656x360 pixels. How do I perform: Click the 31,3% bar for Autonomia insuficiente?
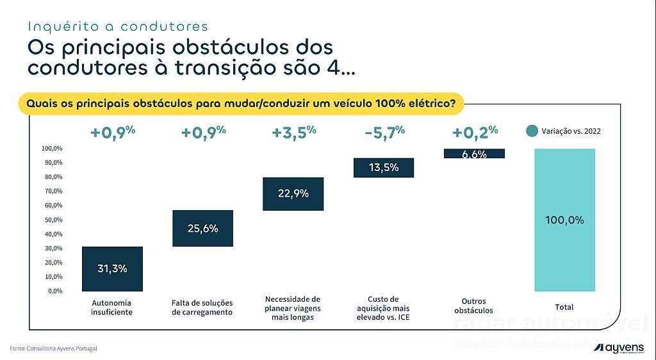point(112,268)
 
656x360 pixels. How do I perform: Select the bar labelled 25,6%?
point(202,228)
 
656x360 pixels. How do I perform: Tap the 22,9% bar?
point(293,193)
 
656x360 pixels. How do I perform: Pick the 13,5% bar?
point(384,167)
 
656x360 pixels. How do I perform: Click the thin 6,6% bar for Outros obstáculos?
point(474,154)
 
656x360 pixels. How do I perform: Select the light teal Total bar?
point(564,220)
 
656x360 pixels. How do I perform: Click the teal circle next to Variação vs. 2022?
point(532,131)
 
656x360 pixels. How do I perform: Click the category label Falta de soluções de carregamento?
point(202,307)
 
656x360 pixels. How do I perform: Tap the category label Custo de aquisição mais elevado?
point(384,308)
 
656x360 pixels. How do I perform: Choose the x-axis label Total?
point(564,307)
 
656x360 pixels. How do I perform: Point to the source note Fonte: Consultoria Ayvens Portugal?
point(53,348)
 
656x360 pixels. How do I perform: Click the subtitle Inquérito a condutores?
point(118,26)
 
